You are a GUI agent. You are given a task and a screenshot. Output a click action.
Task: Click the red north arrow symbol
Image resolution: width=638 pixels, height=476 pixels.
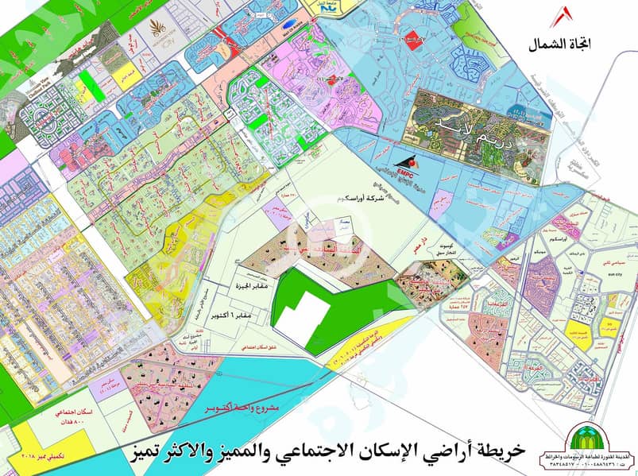[x=566, y=17]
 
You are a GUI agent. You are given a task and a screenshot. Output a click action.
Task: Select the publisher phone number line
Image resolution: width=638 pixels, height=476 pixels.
[x=595, y=465]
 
